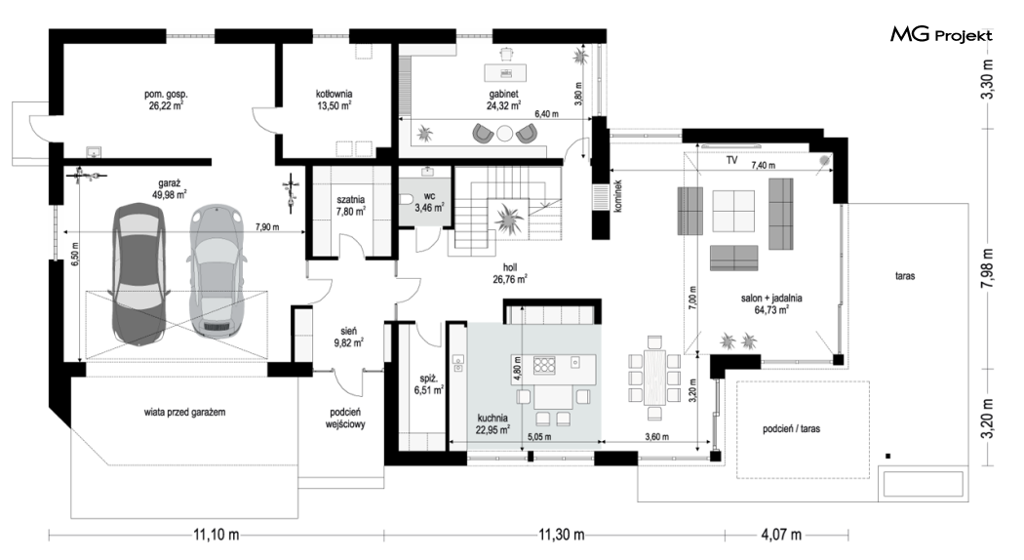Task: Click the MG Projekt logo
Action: tap(941, 35)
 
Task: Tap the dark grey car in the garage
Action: tap(138, 274)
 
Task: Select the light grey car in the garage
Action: tap(217, 272)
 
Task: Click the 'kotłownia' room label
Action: tap(335, 94)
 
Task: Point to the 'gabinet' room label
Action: tap(503, 94)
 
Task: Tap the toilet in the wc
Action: tap(407, 199)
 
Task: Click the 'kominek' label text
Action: tap(618, 195)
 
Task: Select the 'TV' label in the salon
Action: tap(731, 160)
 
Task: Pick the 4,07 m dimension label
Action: tap(781, 536)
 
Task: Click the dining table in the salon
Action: tap(654, 378)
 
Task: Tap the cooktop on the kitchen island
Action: tap(544, 364)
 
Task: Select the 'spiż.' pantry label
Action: tap(428, 378)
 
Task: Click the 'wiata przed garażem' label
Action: tap(185, 413)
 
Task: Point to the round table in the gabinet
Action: tap(504, 134)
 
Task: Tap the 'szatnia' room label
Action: tap(351, 199)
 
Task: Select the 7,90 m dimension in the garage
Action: tap(266, 226)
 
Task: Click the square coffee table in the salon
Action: tap(732, 211)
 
